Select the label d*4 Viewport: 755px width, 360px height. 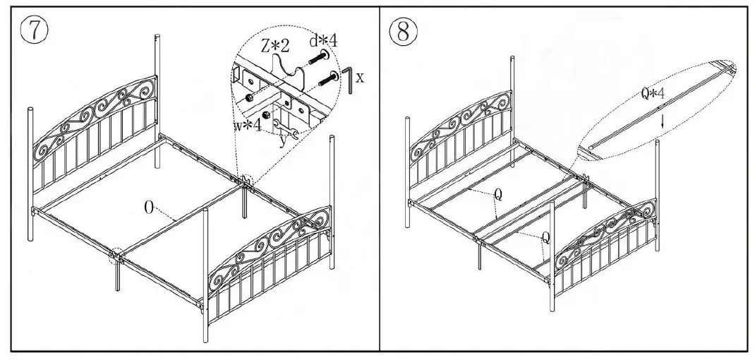(x=322, y=41)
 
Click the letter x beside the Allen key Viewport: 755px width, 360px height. (x=360, y=77)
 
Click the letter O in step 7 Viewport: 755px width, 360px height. (x=150, y=207)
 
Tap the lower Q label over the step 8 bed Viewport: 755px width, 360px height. (x=545, y=238)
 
